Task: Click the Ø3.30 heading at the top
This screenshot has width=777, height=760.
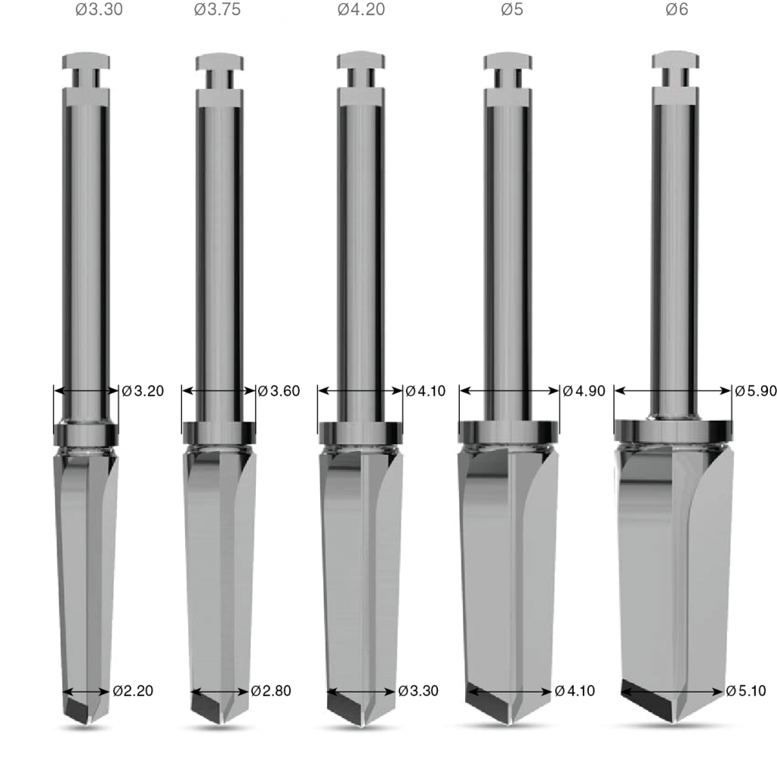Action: pyautogui.click(x=99, y=9)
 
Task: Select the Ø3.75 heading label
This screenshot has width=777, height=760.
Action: pyautogui.click(x=218, y=9)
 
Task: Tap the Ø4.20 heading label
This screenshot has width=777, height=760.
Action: pyautogui.click(x=361, y=9)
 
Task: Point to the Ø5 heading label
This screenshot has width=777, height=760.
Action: pyautogui.click(x=512, y=9)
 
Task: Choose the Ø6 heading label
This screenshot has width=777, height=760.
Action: pyautogui.click(x=677, y=9)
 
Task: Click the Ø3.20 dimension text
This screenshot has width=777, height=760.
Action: pyautogui.click(x=143, y=391)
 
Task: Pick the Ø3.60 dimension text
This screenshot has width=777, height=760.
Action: pyautogui.click(x=279, y=391)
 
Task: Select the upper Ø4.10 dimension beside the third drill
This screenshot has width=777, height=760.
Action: pyautogui.click(x=426, y=391)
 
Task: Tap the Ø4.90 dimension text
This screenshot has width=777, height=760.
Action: pyautogui.click(x=584, y=391)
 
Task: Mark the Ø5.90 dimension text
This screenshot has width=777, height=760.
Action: pyautogui.click(x=756, y=391)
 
